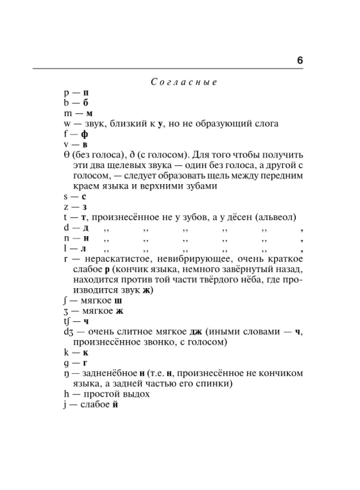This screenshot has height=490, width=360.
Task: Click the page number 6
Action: [300, 61]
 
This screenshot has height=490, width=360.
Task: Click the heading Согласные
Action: [184, 82]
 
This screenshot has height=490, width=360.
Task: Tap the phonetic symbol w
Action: [61, 124]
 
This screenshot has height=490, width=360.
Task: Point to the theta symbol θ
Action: [60, 155]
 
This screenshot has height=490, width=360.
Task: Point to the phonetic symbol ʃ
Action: [59, 300]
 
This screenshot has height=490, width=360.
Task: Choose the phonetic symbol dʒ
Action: [62, 332]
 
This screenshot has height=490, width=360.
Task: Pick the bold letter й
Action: [115, 405]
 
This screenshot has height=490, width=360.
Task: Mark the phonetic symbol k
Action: [60, 352]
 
